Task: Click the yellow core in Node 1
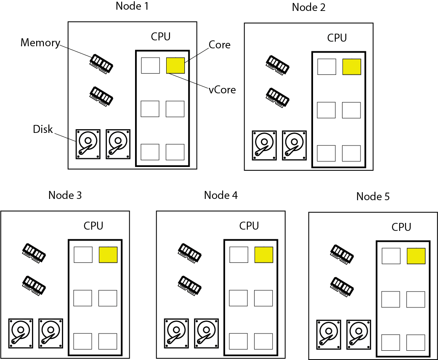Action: pyautogui.click(x=175, y=66)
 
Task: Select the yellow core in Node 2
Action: pyautogui.click(x=352, y=67)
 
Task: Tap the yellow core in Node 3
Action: pyautogui.click(x=108, y=255)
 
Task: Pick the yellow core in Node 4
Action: pyautogui.click(x=264, y=255)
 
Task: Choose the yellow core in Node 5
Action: pyautogui.click(x=416, y=256)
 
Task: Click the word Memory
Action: pyautogui.click(x=40, y=43)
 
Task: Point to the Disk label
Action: pyautogui.click(x=43, y=129)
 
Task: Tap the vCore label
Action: pyautogui.click(x=222, y=90)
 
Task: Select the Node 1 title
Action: pyautogui.click(x=132, y=6)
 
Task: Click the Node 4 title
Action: pyautogui.click(x=220, y=195)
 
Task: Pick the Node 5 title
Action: pyautogui.click(x=373, y=196)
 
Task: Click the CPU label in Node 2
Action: pyautogui.click(x=337, y=38)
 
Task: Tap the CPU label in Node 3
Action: pyautogui.click(x=93, y=226)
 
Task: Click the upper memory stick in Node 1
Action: pyautogui.click(x=101, y=64)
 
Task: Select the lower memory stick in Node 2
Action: pyautogui.click(x=277, y=98)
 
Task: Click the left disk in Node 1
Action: pyautogui.click(x=88, y=144)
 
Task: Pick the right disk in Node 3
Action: pyautogui.click(x=50, y=333)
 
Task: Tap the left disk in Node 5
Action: pyautogui.click(x=329, y=335)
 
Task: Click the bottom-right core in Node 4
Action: pyautogui.click(x=263, y=341)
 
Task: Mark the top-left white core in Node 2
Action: pyautogui.click(x=327, y=67)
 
